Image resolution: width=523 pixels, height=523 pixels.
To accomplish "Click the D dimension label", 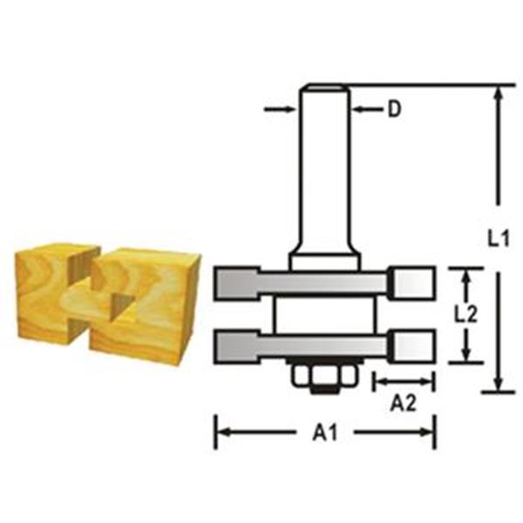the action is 394,109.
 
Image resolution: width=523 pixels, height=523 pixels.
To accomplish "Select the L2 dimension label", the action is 466,314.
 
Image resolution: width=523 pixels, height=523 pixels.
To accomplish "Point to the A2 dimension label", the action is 404,404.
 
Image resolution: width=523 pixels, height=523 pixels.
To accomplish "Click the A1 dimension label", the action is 325,433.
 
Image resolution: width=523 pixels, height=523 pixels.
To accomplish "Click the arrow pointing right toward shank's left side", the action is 280,109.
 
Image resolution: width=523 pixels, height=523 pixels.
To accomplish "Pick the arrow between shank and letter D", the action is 366,109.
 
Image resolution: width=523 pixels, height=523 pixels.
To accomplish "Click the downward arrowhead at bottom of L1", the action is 499,384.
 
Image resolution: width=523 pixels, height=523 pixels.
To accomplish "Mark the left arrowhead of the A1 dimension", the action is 223,432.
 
